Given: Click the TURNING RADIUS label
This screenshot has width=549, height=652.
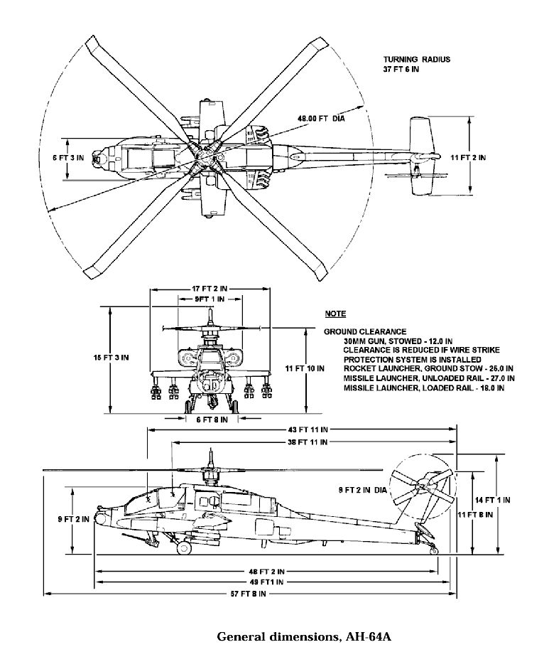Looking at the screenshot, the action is point(416,60).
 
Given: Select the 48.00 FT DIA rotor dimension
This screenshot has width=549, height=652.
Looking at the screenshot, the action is point(321,119).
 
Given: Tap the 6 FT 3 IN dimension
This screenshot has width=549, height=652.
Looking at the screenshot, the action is point(68,158).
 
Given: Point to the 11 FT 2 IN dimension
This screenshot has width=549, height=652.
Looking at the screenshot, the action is point(468,158).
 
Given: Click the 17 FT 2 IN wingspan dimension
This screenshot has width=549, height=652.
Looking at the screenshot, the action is point(210,289).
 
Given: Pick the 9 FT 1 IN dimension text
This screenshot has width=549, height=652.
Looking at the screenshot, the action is point(210,299).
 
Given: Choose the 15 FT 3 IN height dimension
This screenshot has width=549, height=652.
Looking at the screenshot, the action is point(111,358).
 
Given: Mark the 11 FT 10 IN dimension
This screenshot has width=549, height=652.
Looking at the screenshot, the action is point(305,368).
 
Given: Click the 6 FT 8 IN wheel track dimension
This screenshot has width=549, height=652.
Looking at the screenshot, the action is point(212,419).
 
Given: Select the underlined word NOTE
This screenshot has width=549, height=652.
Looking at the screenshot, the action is point(335,314).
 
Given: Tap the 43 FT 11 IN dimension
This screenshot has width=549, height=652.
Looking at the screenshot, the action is point(308,429).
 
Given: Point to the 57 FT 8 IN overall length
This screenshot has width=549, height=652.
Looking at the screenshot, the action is point(249,594).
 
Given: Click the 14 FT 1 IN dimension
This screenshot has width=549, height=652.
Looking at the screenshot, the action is point(493,500).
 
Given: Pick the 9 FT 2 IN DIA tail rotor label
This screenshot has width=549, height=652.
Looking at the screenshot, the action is point(362,491).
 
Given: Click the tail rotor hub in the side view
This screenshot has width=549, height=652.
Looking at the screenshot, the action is point(423,484).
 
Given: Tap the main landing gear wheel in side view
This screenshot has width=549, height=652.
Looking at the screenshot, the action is point(184,547).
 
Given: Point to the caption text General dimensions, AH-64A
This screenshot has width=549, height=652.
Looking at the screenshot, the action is point(305,636).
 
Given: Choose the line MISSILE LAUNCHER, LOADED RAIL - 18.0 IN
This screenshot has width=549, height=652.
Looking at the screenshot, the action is point(424,388).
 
